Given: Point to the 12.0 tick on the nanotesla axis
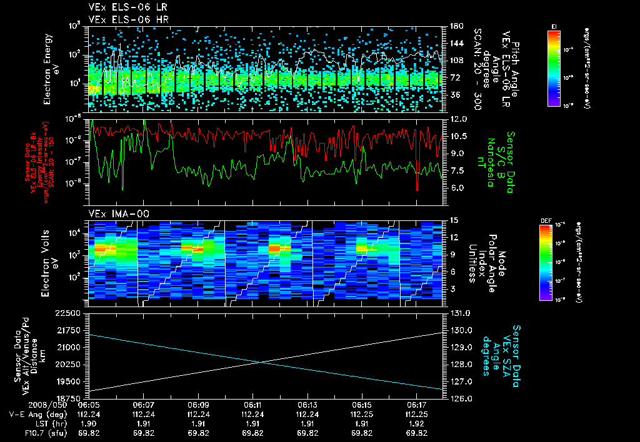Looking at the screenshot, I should tap(459, 119).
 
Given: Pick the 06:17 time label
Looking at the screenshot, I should tap(417, 405).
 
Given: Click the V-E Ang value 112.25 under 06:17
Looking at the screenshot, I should tap(417, 415).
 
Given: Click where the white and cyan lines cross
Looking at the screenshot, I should tap(259, 362).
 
